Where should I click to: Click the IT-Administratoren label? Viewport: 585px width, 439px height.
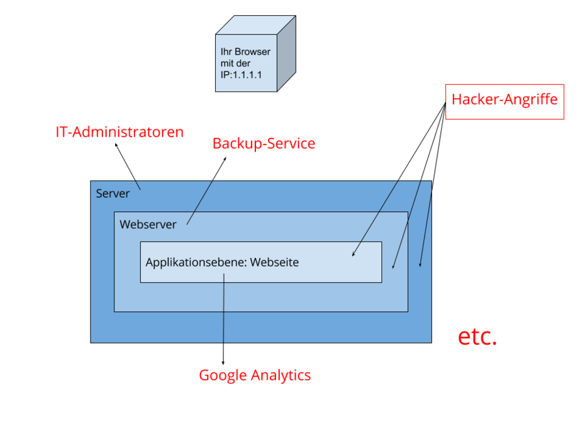(x=120, y=133)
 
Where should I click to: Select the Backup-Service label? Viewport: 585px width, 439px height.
(x=263, y=144)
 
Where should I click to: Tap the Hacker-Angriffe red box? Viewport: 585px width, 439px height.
(x=504, y=101)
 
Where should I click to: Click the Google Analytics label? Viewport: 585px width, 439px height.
(x=255, y=375)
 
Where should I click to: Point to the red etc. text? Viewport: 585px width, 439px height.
(x=477, y=337)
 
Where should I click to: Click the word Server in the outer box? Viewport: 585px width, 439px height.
(x=113, y=194)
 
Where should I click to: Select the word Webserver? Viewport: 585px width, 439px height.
(x=148, y=225)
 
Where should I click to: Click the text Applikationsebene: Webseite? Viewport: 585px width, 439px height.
(x=222, y=262)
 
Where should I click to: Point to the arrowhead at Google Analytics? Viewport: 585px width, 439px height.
(x=223, y=362)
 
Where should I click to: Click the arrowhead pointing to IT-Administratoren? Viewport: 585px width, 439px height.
(x=116, y=145)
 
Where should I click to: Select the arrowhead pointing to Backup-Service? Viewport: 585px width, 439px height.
(x=226, y=158)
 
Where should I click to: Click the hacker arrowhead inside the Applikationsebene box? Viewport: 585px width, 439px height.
(x=354, y=254)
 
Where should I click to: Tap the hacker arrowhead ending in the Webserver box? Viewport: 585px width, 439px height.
(x=394, y=267)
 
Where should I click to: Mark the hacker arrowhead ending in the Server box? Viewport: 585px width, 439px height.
(x=421, y=264)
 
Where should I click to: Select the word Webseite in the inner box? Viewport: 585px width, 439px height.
(x=274, y=262)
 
